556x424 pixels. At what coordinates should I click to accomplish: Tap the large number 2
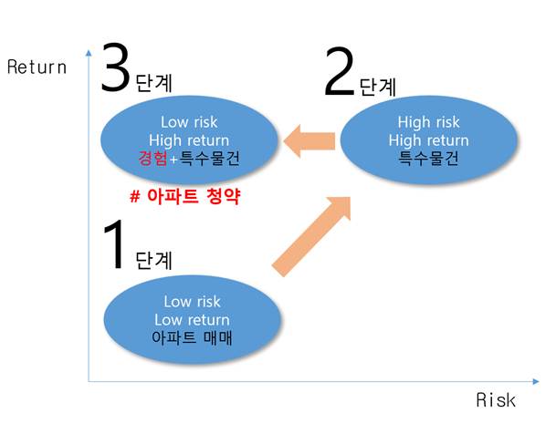point(339,73)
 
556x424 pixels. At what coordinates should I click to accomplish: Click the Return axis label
point(37,67)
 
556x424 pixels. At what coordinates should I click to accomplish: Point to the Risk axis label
point(495,400)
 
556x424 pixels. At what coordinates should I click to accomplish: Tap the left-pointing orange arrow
point(309,140)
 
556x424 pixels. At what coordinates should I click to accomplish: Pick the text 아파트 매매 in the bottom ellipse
point(192,337)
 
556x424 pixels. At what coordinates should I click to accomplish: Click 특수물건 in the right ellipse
point(428,158)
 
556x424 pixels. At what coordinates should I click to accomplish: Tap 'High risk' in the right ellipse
point(428,122)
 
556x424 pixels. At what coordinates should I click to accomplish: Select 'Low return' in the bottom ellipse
point(192,319)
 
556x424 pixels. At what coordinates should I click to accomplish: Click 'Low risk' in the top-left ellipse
point(189,122)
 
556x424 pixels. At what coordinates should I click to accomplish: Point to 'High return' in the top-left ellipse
point(189,140)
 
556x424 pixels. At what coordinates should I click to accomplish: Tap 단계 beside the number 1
point(152,260)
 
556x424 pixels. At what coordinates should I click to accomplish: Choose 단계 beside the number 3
point(152,84)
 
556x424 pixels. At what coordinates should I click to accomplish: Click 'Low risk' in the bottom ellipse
point(192,301)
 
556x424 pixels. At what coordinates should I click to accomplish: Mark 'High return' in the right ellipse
point(428,140)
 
